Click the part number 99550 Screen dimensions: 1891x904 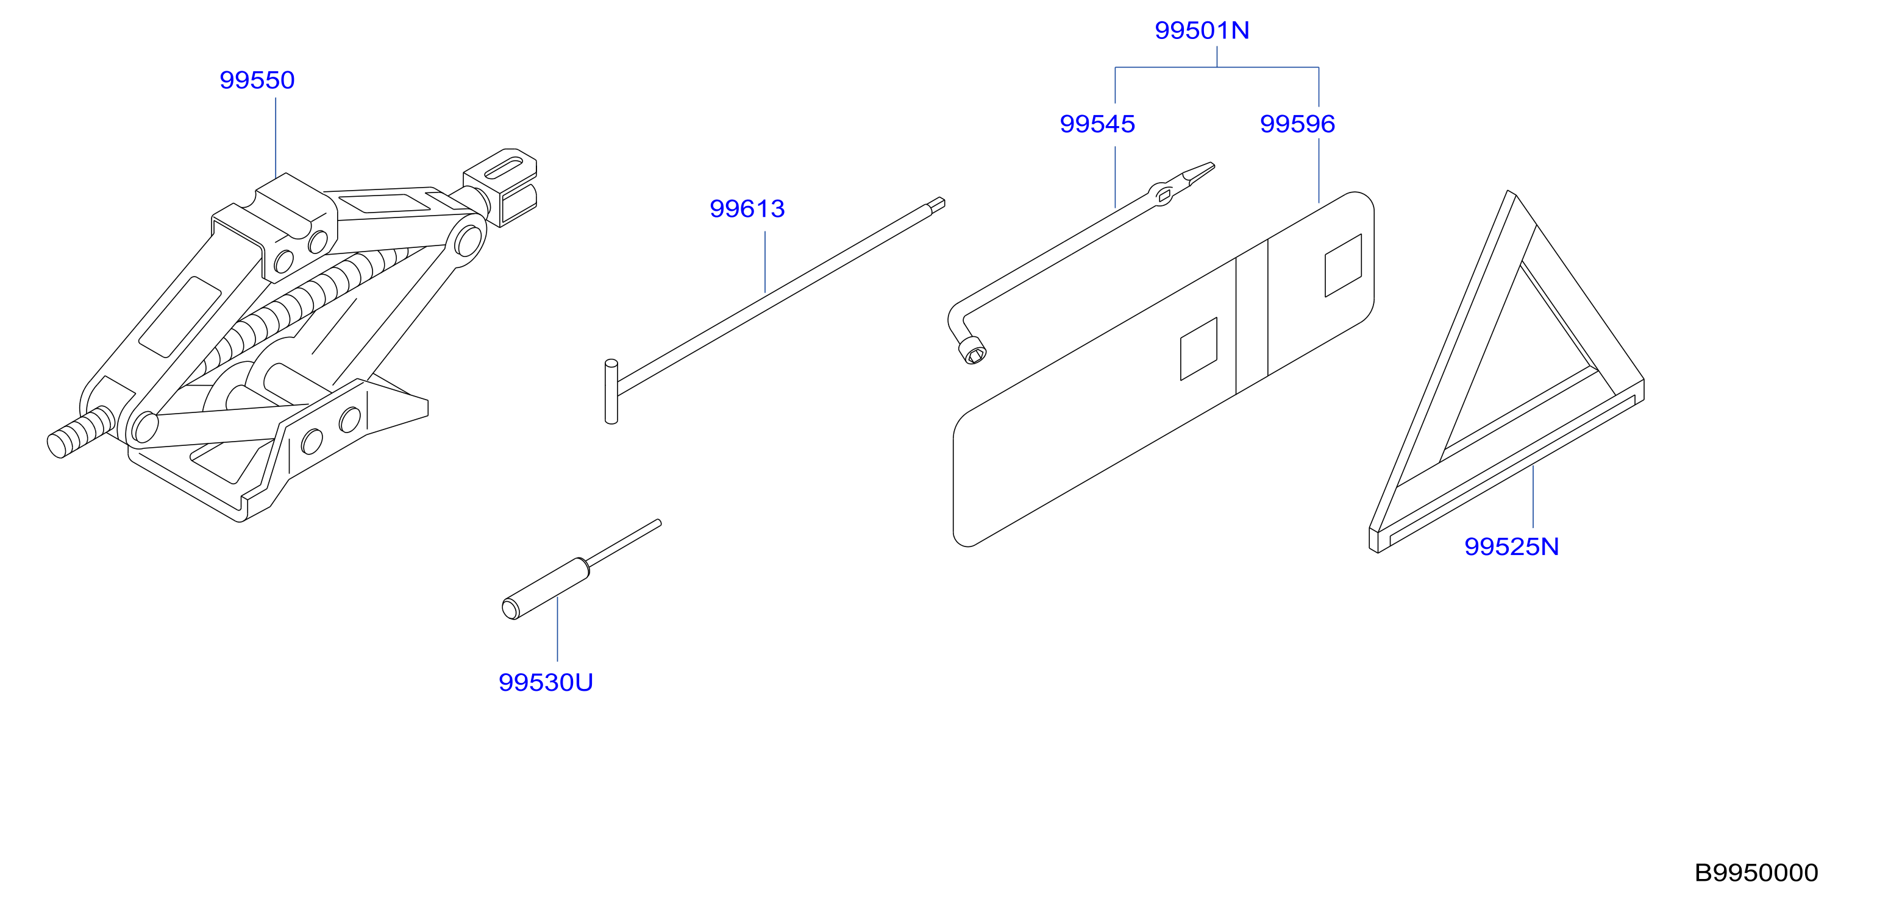[257, 80]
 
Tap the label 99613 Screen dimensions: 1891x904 [747, 209]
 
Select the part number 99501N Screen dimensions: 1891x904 [1202, 30]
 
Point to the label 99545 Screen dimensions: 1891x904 [1097, 124]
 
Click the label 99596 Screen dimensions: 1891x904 [1297, 124]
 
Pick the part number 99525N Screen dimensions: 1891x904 [1511, 546]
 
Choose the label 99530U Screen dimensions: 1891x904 [546, 683]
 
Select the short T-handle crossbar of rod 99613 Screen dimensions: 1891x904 [611, 392]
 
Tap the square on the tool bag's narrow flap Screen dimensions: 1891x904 [1342, 266]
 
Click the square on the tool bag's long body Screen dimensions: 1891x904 [1198, 349]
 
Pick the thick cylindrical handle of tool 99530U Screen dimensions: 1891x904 [546, 589]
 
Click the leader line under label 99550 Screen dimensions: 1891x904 [276, 138]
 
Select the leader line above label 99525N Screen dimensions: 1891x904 [1533, 496]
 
